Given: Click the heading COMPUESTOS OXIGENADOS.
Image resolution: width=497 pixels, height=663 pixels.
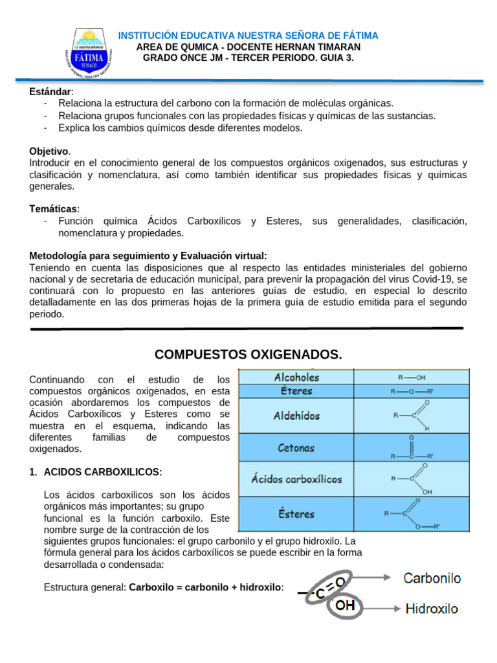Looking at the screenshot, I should (x=248, y=355).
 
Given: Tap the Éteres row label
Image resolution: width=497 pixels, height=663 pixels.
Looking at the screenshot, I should (x=296, y=391).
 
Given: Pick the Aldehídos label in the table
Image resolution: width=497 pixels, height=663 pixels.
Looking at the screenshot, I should (x=296, y=416).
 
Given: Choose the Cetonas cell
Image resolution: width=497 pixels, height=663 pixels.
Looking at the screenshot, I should (x=296, y=447).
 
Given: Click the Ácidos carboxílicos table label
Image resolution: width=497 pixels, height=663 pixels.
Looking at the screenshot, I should (x=296, y=480).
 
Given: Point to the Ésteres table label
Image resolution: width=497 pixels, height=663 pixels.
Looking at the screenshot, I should (x=296, y=514).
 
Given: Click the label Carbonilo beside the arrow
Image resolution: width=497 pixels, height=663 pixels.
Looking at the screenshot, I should (x=432, y=578).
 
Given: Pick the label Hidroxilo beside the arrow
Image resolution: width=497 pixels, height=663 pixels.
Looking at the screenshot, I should (x=432, y=609).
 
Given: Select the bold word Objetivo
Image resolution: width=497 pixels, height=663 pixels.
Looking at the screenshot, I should (x=49, y=151).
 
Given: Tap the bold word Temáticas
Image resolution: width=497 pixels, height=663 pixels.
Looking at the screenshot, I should (x=54, y=208).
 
